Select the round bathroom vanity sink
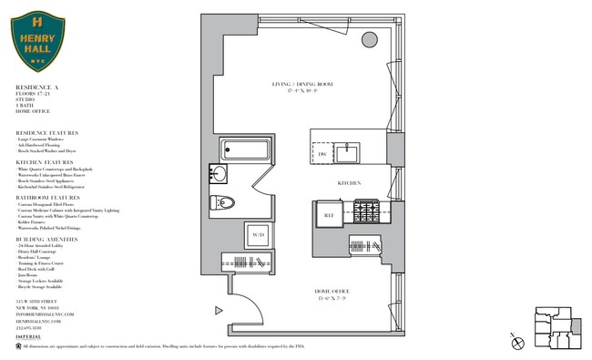220,173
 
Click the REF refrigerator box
329,215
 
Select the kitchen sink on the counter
350,152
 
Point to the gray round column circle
371,39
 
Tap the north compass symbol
518,344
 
